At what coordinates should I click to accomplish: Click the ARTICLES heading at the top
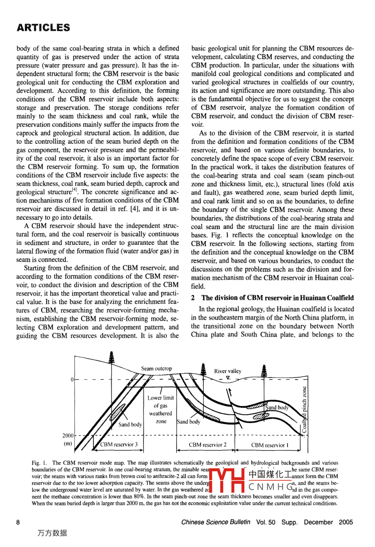pyautogui.click(x=43, y=28)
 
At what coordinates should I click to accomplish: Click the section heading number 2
pyautogui.click(x=193, y=298)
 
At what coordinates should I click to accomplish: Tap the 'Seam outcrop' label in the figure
pyautogui.click(x=156, y=368)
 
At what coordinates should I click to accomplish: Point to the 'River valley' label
pyautogui.click(x=228, y=371)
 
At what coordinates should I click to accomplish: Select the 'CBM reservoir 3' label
pyautogui.click(x=119, y=445)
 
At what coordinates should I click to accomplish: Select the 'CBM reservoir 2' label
pyautogui.click(x=207, y=445)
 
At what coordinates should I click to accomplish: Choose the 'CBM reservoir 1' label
pyautogui.click(x=270, y=445)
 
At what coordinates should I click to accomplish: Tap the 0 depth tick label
pyautogui.click(x=72, y=380)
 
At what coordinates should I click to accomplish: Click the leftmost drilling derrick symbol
pyautogui.click(x=111, y=357)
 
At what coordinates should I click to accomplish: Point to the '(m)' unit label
pyautogui.click(x=67, y=444)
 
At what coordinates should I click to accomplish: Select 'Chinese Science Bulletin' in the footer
pyautogui.click(x=216, y=522)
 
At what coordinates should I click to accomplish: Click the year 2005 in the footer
pyautogui.click(x=346, y=522)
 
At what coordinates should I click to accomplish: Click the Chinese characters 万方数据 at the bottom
pyautogui.click(x=52, y=533)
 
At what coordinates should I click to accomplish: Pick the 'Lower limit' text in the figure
pyautogui.click(x=161, y=397)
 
